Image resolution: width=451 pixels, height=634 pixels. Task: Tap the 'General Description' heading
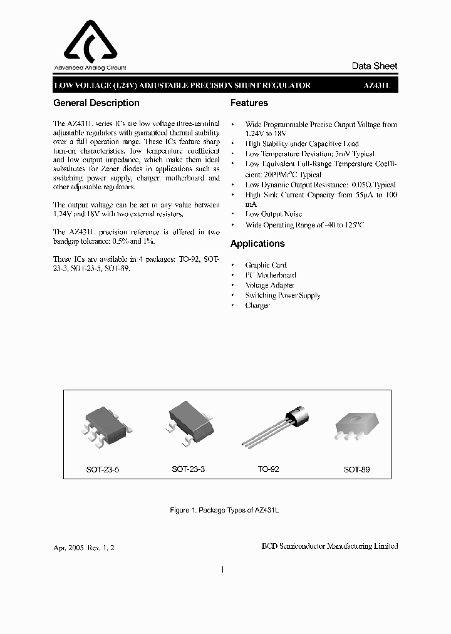coord(96,103)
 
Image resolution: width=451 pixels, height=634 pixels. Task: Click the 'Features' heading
coord(249,103)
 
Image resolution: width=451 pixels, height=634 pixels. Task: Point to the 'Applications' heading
coord(257,244)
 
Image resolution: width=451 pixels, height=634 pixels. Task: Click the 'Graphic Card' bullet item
coord(266,265)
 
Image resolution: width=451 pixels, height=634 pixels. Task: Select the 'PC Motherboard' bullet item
coord(271,275)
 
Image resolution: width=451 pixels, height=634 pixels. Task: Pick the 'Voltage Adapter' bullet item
coord(270,285)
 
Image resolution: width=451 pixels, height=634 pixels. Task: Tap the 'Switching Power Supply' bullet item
coord(283,295)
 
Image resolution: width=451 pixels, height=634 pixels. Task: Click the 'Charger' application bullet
coord(257,305)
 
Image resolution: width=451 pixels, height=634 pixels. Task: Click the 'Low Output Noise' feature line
coord(273,214)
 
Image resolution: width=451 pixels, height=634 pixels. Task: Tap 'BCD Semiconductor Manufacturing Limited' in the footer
coord(329,546)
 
